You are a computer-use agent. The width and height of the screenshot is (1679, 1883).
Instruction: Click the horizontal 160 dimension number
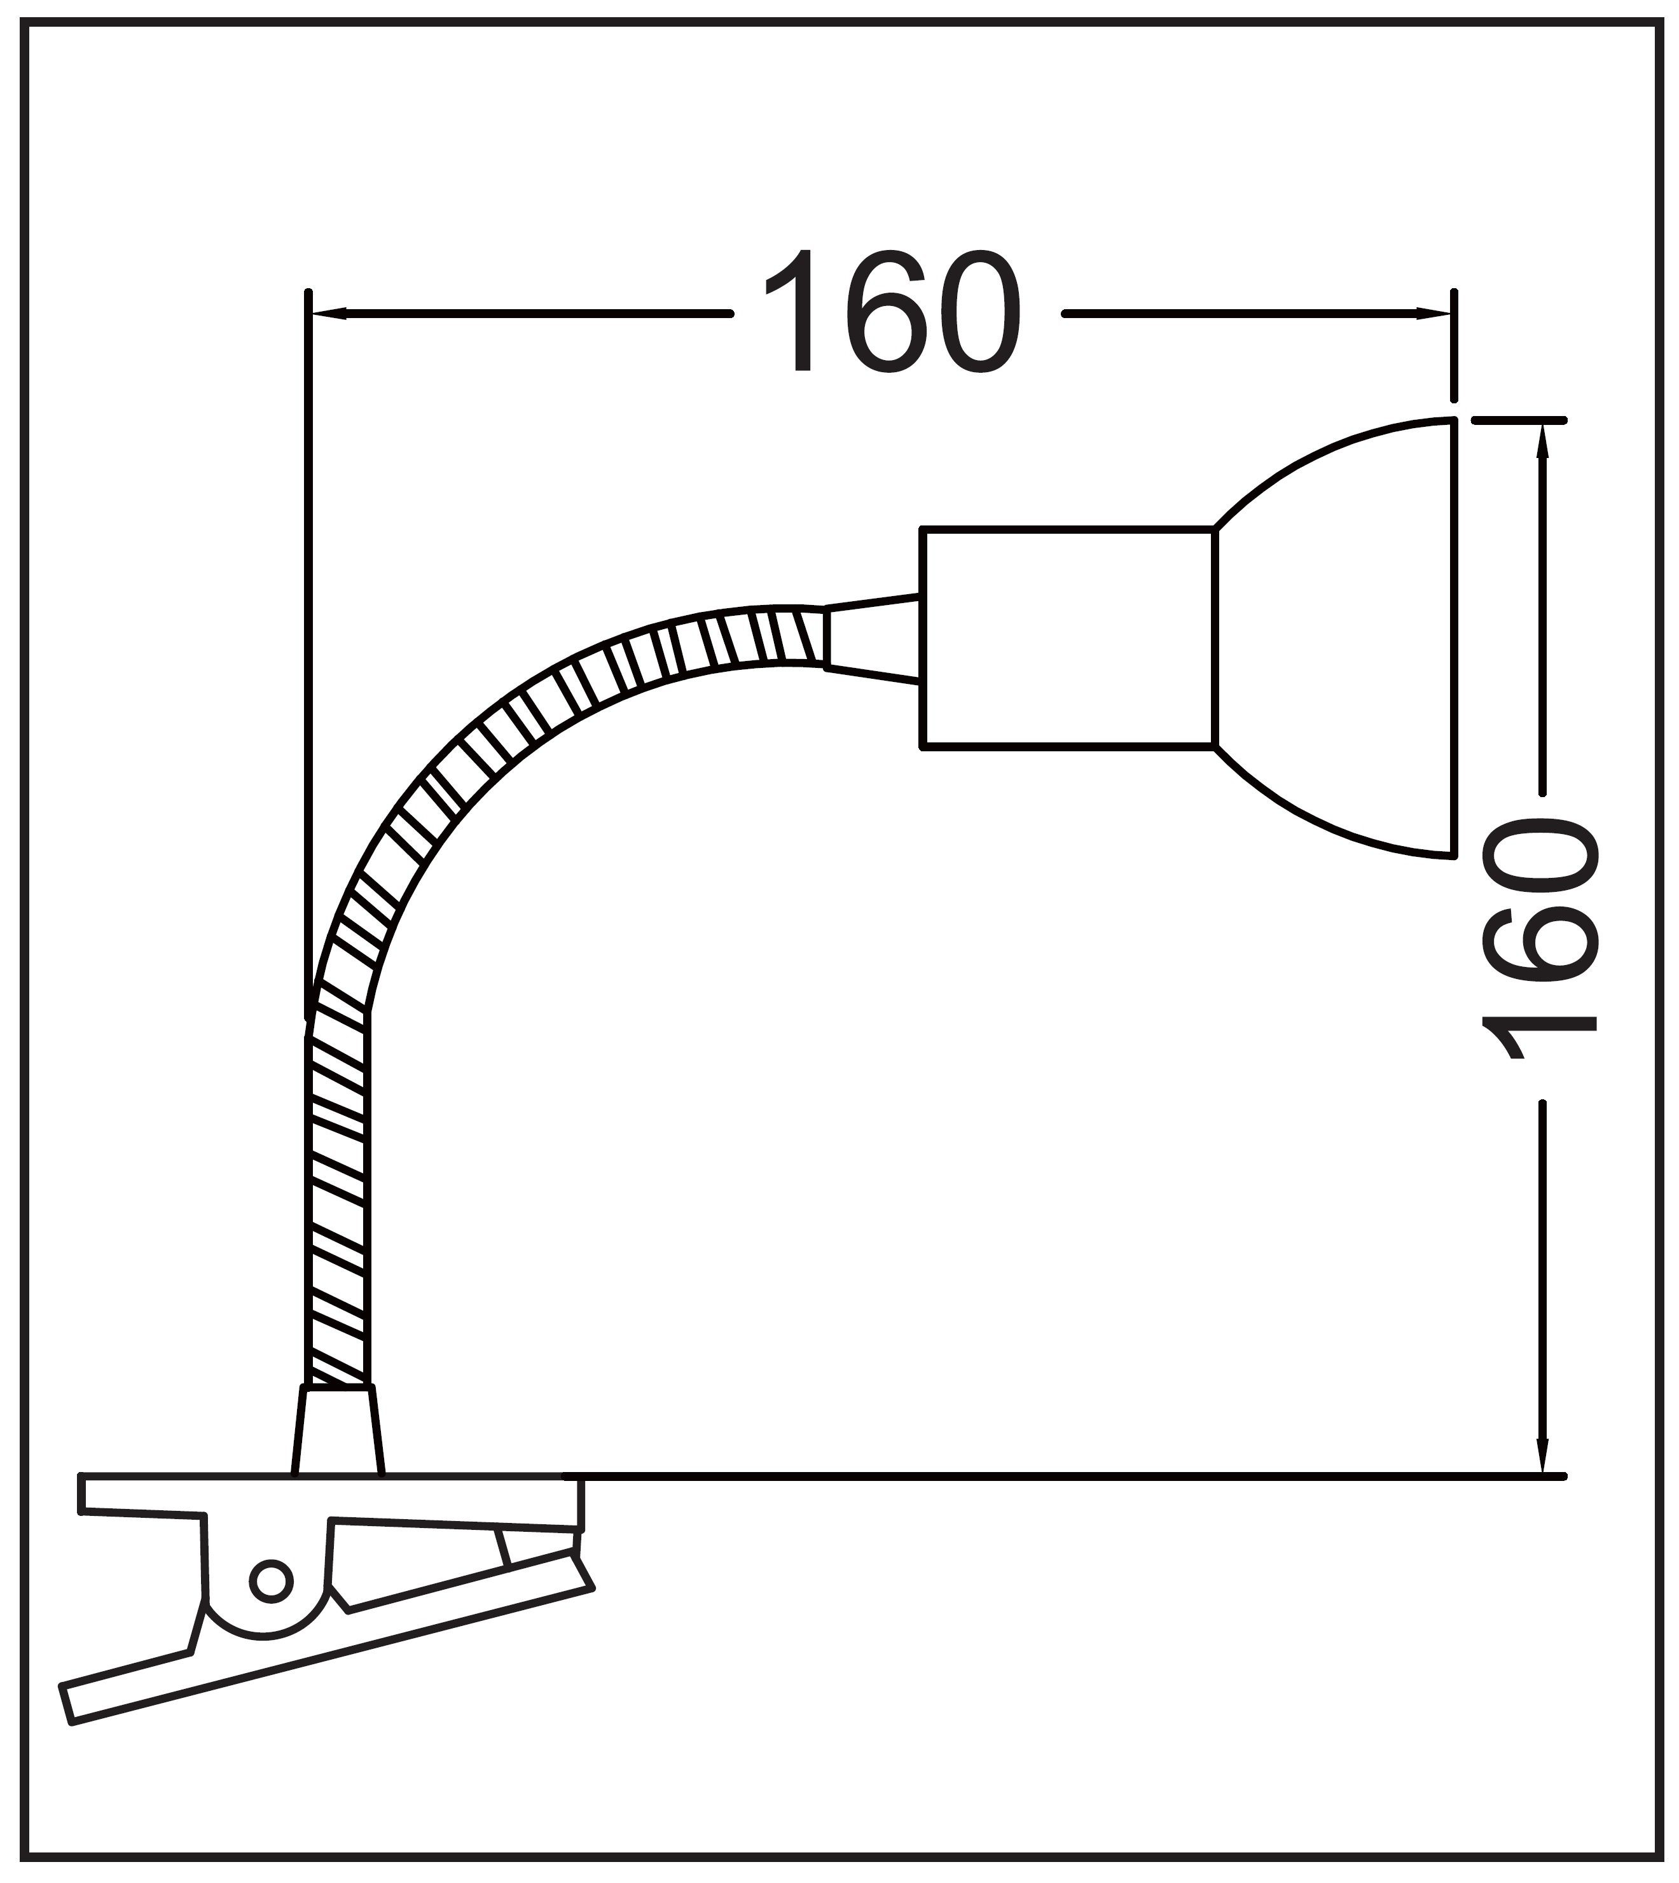click(x=893, y=313)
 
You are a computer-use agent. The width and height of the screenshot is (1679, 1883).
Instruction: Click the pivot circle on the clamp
click(x=270, y=1583)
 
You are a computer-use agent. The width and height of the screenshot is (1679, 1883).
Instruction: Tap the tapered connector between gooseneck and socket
click(x=873, y=639)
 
